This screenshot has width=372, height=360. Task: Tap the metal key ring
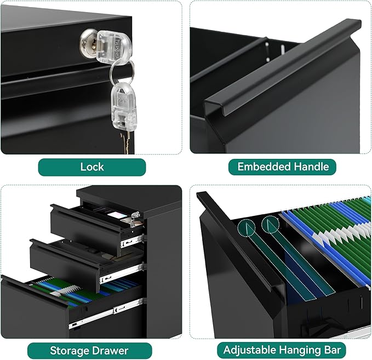tap(122, 71)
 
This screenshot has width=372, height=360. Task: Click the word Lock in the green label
tap(92, 167)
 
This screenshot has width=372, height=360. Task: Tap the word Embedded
tap(264, 167)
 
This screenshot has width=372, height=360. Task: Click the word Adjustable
tap(250, 350)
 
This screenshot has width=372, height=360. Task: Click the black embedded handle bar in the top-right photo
tap(283, 67)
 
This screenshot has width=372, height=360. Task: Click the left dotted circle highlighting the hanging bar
tap(246, 228)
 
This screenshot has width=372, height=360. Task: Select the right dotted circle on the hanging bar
tap(270, 224)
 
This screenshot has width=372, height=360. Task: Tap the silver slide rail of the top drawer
tap(133, 241)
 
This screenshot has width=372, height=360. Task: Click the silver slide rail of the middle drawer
tap(122, 272)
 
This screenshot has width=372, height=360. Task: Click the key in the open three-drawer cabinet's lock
tap(135, 219)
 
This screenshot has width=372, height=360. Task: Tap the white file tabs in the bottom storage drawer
tap(65, 290)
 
